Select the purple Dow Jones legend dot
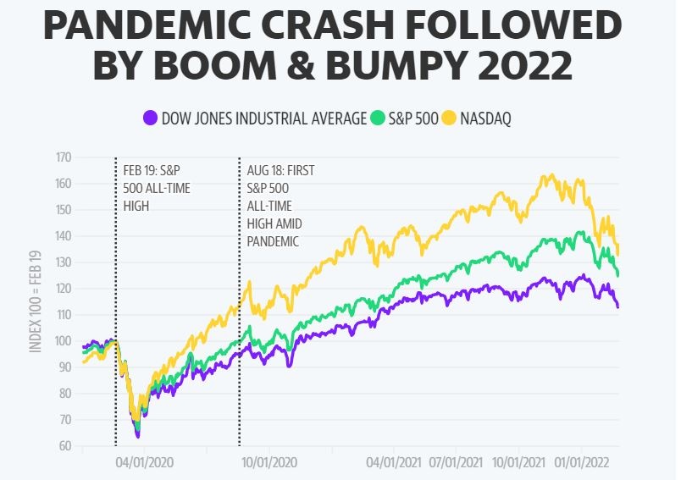(151, 118)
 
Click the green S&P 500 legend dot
(379, 118)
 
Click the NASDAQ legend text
(485, 118)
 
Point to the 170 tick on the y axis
(64, 157)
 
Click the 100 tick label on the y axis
(64, 341)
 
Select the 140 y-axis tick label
(64, 236)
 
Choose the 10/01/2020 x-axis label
(269, 463)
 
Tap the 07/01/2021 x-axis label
(457, 463)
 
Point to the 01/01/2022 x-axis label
(580, 463)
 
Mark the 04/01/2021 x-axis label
(394, 463)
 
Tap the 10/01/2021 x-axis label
(518, 463)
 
